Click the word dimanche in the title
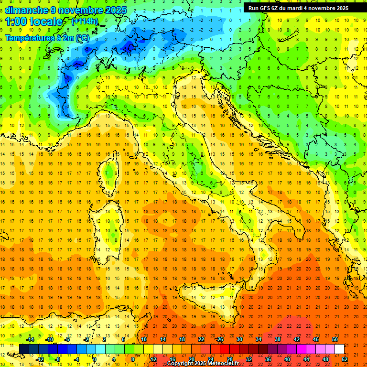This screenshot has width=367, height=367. [27, 10]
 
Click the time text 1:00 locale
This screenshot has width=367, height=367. [34, 22]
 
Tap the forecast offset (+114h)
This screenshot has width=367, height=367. [85, 22]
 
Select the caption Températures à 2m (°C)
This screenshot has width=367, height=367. [47, 37]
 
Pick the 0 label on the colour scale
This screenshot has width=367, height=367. [95, 359]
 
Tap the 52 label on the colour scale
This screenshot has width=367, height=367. [345, 359]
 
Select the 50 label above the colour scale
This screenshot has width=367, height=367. [335, 339]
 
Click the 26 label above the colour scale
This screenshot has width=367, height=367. [220, 339]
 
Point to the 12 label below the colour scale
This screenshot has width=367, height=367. [153, 359]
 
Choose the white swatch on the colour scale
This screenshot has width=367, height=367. [339, 349]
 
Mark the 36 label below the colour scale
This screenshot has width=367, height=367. [268, 359]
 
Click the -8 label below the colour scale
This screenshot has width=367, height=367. [57, 359]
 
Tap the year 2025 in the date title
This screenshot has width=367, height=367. [116, 10]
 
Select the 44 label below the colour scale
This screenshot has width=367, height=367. [306, 359]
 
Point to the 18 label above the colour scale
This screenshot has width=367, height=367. [182, 339]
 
